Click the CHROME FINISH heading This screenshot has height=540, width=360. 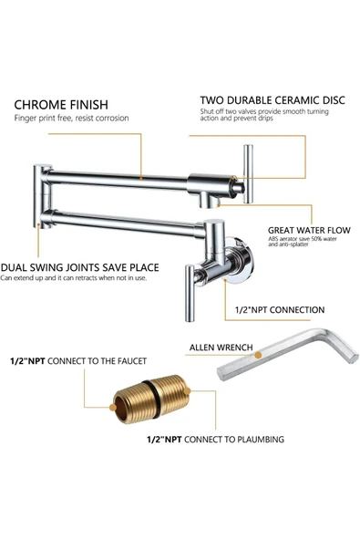61,105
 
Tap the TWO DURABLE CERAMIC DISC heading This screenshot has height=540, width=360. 273,100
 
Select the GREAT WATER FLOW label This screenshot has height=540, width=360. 309,230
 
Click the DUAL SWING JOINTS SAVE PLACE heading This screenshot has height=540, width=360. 79,267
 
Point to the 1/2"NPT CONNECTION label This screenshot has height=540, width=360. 280,310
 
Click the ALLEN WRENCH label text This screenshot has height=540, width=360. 221,348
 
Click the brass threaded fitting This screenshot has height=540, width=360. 151,400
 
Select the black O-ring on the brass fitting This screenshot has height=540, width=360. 151,400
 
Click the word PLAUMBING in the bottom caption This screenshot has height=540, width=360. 261,440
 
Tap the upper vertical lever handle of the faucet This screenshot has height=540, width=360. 248,174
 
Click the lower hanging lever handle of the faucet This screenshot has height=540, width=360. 190,293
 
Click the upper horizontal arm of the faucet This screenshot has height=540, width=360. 118,180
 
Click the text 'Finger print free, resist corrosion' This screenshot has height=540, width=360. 71,119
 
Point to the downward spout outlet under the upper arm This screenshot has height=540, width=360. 210,201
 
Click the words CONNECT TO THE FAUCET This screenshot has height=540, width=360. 97,361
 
